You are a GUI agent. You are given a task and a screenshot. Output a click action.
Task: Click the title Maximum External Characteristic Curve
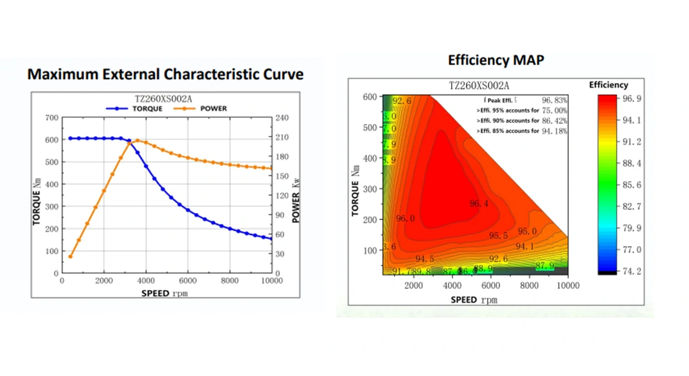(165, 74)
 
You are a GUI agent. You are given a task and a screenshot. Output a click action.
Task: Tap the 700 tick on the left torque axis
(51, 118)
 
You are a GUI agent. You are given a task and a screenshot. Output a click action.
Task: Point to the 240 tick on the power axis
(281, 118)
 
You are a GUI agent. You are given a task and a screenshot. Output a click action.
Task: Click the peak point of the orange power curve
(137, 141)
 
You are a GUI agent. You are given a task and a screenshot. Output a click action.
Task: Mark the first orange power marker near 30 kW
(70, 256)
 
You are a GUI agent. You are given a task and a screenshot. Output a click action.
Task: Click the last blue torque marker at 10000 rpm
(271, 239)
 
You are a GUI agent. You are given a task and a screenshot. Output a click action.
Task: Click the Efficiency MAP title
(495, 60)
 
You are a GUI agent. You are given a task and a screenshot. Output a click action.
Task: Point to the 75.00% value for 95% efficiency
(554, 110)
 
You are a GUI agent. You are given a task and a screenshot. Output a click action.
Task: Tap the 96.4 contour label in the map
(479, 203)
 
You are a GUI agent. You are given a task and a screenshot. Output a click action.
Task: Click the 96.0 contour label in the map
(405, 219)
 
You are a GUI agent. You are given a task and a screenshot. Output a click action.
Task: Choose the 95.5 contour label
(499, 236)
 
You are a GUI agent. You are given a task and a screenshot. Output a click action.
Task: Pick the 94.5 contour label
(425, 259)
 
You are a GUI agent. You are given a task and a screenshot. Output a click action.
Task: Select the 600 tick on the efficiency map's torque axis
(369, 97)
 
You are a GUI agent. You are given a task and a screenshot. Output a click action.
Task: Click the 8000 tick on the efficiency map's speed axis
(529, 286)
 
